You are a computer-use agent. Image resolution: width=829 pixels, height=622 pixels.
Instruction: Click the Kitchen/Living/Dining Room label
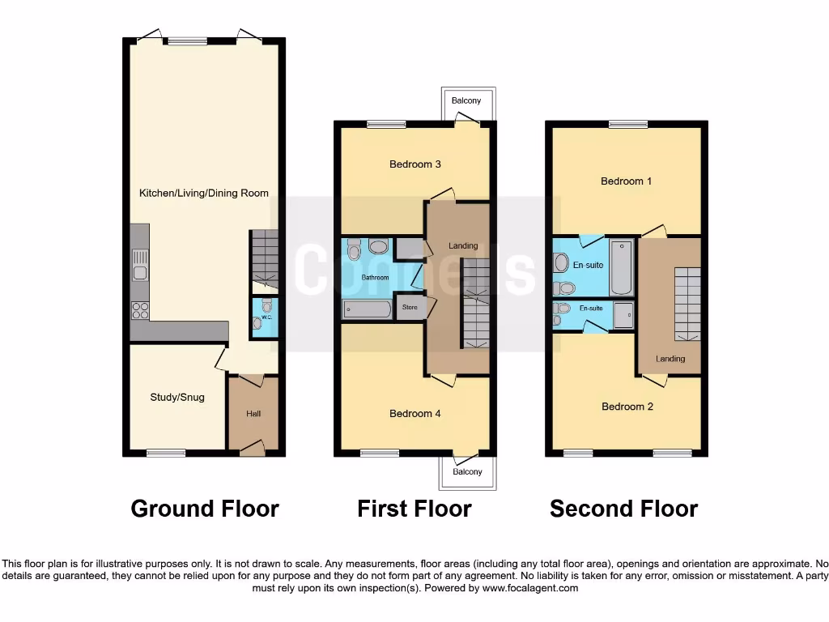click(204, 193)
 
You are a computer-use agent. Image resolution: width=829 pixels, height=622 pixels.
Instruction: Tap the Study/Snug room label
click(177, 397)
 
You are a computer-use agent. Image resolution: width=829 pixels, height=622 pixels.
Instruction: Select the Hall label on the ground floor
click(253, 414)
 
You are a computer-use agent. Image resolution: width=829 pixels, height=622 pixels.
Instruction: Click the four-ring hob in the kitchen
click(140, 310)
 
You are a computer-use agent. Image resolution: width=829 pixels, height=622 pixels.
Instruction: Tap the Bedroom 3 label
click(415, 164)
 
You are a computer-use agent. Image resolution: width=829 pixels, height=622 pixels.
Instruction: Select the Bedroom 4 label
click(415, 413)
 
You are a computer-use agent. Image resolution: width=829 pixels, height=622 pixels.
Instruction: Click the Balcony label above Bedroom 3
click(466, 100)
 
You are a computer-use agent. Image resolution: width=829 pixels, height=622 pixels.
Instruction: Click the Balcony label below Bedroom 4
click(467, 471)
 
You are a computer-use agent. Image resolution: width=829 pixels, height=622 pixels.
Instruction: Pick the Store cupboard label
click(409, 308)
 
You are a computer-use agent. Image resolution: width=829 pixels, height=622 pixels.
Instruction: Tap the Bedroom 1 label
click(626, 181)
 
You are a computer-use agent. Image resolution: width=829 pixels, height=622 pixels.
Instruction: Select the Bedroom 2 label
click(627, 407)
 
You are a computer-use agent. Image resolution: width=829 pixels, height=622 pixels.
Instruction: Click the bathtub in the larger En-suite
click(622, 267)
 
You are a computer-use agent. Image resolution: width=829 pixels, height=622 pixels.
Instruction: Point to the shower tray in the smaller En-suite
click(623, 315)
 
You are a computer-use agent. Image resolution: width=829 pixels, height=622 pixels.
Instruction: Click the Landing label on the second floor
click(670, 359)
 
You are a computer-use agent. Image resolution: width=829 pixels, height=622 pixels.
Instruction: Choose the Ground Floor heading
click(205, 509)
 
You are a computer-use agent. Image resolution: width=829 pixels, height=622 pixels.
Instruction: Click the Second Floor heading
click(623, 509)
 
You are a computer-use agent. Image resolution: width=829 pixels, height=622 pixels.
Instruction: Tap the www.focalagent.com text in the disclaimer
click(530, 588)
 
